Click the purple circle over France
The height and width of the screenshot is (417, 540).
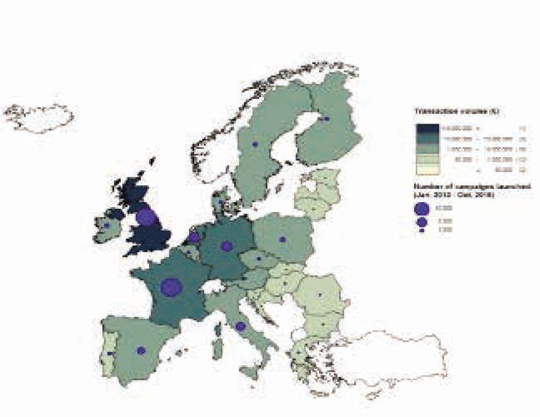point(171,287)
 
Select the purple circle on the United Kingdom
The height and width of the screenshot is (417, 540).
point(146,216)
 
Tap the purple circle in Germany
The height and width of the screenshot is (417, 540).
point(226,246)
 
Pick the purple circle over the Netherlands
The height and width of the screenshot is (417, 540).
point(194,237)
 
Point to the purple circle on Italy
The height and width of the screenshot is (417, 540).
point(240,326)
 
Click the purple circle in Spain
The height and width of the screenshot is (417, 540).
point(141,351)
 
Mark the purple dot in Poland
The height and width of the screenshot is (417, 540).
point(282,240)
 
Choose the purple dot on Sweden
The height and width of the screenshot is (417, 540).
point(254,144)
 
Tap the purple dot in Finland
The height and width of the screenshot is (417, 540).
point(327,119)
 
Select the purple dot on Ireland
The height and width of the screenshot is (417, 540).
point(107,225)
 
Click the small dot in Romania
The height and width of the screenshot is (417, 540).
point(320,295)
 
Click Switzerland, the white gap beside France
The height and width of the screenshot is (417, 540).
point(212,286)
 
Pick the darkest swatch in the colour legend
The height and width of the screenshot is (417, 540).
point(427,129)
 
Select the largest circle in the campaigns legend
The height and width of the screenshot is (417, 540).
point(422,209)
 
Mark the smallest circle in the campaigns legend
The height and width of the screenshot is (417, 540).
point(422,231)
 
